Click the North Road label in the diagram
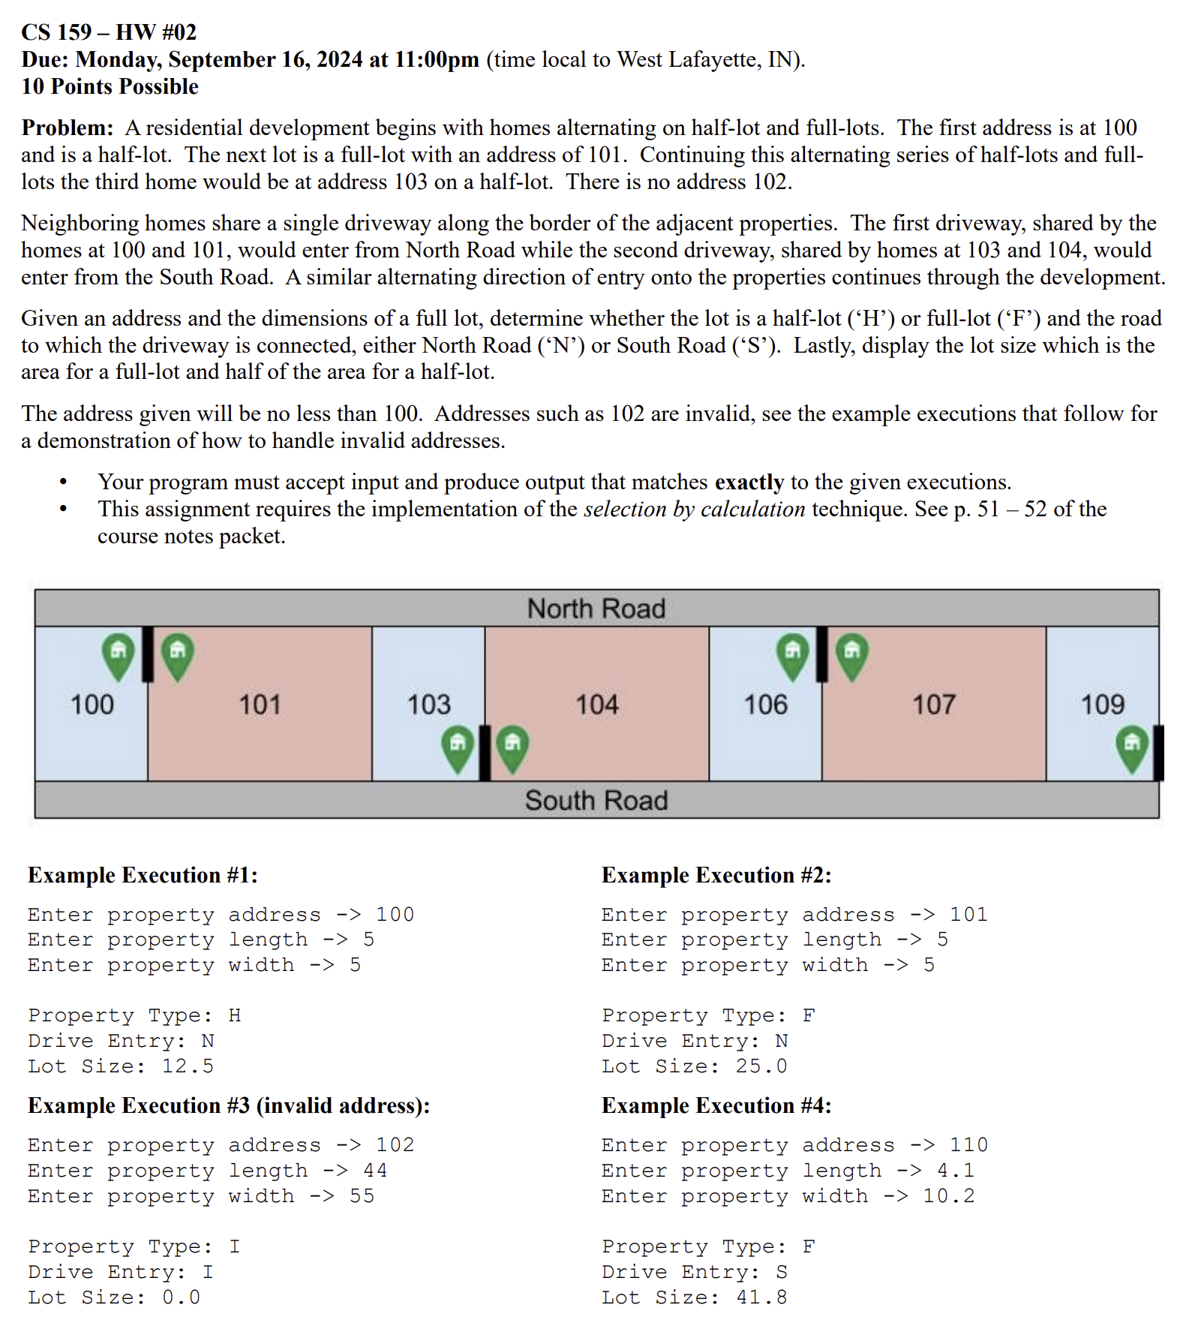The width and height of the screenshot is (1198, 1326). click(596, 608)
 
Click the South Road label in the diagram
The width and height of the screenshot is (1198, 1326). click(596, 800)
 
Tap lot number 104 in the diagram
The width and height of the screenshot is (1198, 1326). click(596, 705)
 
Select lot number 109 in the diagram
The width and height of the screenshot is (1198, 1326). click(1102, 705)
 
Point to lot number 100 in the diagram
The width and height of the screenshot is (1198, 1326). click(92, 705)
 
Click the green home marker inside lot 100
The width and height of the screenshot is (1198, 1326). click(119, 654)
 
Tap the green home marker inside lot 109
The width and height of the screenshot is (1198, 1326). click(1132, 747)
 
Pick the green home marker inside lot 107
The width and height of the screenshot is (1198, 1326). click(852, 654)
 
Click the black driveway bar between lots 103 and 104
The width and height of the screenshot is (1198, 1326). click(485, 752)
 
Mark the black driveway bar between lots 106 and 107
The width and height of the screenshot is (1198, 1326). click(821, 654)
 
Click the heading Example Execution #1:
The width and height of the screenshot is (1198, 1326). click(143, 875)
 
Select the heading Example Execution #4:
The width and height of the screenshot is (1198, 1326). click(716, 1105)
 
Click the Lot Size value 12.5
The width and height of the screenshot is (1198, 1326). click(188, 1066)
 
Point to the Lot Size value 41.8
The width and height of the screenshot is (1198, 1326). click(761, 1297)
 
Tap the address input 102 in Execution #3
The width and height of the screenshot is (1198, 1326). click(395, 1145)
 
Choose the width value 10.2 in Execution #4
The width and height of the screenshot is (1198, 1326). click(948, 1196)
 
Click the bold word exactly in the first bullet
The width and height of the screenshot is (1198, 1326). click(749, 482)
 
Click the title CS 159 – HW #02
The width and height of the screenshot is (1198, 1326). click(109, 32)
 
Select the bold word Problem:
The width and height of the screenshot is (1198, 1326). click(68, 128)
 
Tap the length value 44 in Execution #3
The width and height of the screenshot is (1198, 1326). click(375, 1171)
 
